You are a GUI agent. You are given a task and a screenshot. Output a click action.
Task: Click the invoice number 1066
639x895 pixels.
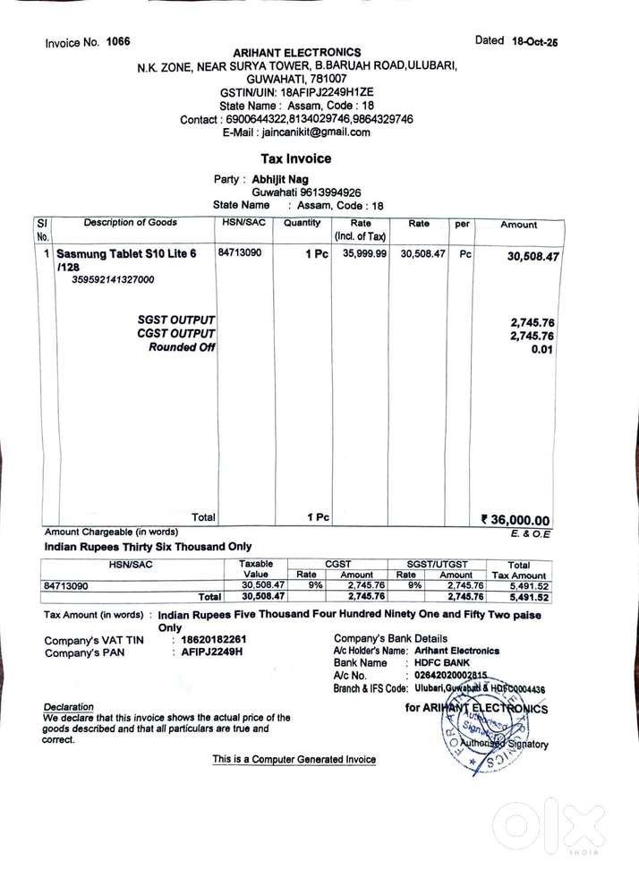coord(117,42)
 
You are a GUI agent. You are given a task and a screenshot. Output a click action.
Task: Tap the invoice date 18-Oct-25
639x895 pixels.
coord(534,41)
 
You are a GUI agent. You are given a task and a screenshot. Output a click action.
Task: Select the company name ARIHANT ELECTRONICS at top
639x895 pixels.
coord(297,53)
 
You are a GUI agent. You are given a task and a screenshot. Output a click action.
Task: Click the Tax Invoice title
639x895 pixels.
coord(296,158)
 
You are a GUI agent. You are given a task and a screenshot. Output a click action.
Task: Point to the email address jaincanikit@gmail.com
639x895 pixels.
coord(312,132)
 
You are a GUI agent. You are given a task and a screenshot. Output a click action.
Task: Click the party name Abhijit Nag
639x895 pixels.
coord(280,178)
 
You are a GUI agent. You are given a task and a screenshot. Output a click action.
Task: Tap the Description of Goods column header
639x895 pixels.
coord(131,223)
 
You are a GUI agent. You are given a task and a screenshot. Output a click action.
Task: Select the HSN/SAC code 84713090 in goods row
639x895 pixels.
coord(240,253)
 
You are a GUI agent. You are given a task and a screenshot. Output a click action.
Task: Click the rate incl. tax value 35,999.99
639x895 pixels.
coord(359,254)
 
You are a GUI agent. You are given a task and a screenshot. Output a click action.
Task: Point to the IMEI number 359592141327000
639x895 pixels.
coord(113,279)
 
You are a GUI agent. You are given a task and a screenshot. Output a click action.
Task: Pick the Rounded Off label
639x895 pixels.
coord(182,347)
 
